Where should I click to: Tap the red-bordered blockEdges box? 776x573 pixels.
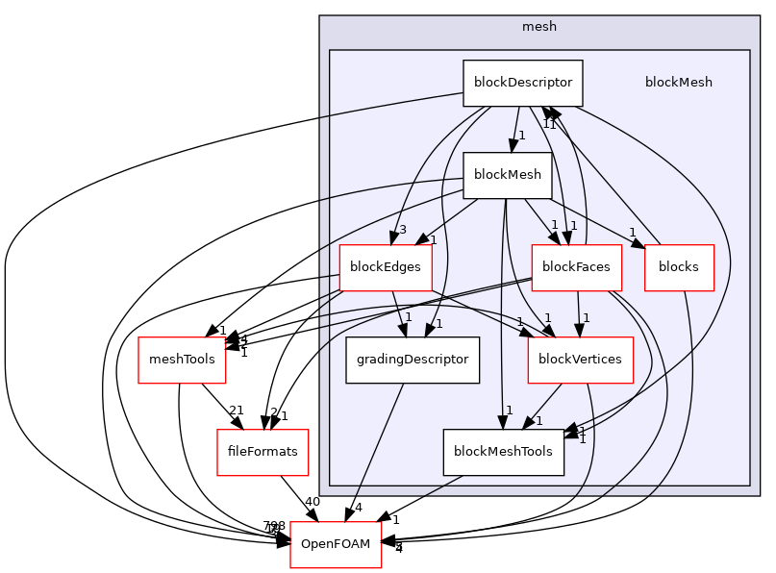[385, 267]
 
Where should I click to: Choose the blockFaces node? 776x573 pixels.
[576, 267]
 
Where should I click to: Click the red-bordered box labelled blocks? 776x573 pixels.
[679, 267]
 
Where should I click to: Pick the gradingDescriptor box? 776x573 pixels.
[413, 360]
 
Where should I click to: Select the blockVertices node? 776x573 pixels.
[580, 360]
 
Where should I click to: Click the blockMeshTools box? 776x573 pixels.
[503, 452]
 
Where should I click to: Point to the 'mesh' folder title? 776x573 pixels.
[538, 27]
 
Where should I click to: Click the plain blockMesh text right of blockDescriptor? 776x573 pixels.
[678, 83]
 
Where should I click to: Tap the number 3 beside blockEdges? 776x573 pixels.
[403, 230]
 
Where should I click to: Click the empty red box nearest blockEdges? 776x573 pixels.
[182, 361]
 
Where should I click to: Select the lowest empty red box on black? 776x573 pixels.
[336, 544]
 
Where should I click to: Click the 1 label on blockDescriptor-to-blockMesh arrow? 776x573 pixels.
[521, 136]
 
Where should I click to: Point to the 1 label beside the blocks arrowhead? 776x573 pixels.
[632, 232]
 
